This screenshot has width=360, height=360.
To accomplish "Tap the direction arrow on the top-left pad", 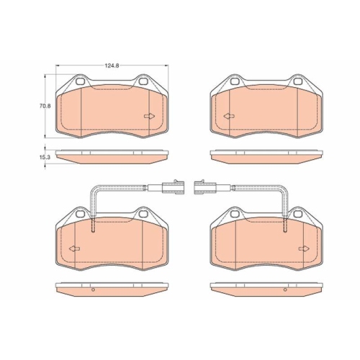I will [150, 117].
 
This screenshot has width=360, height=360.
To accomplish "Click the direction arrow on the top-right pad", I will [228, 117].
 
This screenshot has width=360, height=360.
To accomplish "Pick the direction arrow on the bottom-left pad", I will [73, 249].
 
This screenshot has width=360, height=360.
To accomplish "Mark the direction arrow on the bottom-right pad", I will [303, 249].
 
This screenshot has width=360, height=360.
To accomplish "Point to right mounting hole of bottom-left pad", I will [143, 214].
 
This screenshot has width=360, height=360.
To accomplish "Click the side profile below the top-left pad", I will [112, 155].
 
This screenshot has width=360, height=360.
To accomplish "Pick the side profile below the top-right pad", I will [264, 155].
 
